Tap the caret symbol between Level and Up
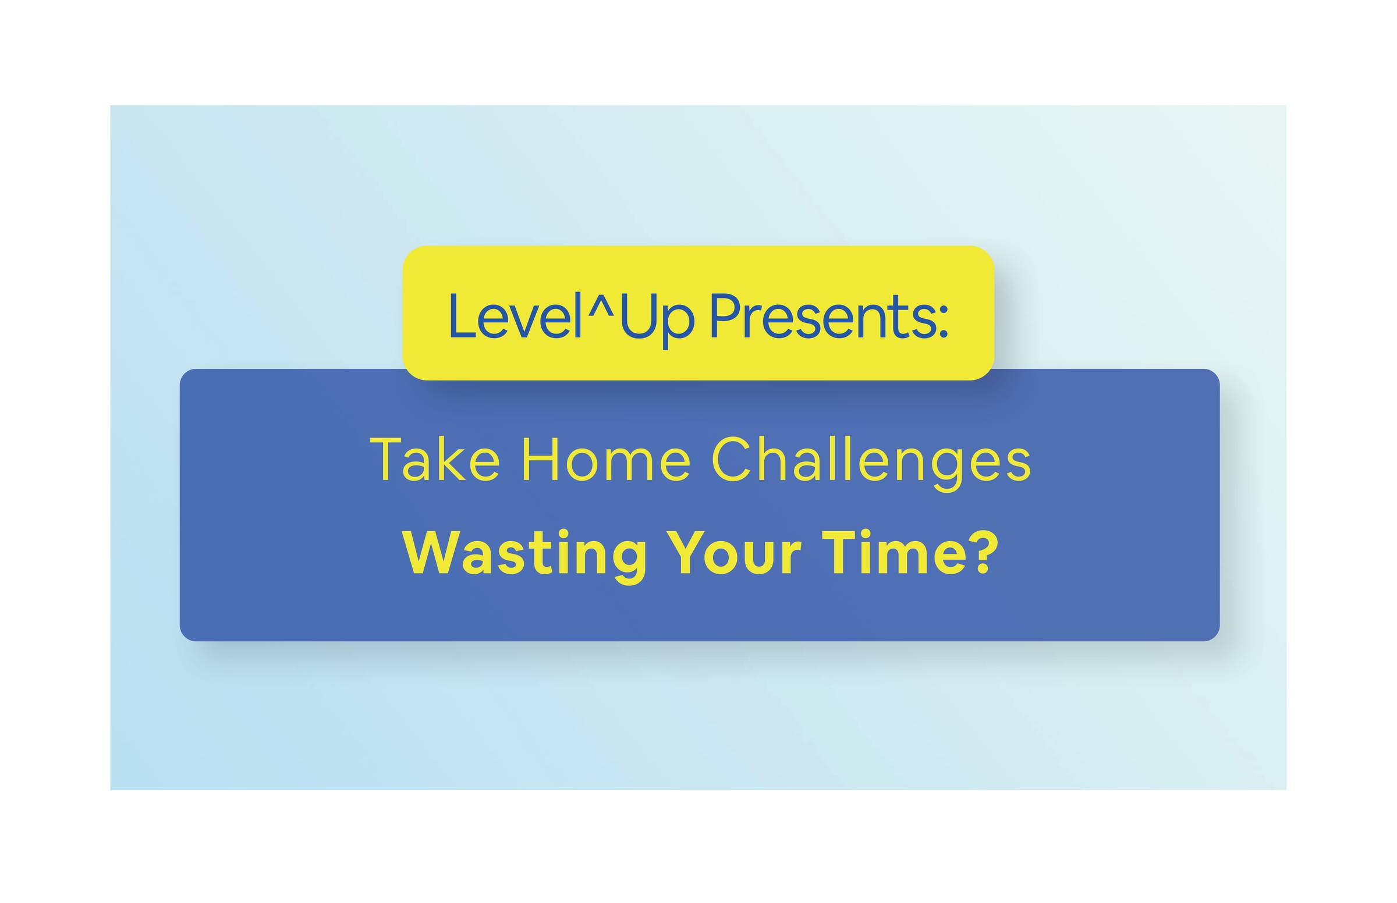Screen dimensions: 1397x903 coord(601,305)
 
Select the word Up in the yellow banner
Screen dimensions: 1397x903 coord(657,319)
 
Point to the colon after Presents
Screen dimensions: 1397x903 coord(942,324)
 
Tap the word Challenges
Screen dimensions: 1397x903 coord(870,463)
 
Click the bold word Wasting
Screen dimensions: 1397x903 coord(524,556)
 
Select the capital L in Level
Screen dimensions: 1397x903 coord(463,316)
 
